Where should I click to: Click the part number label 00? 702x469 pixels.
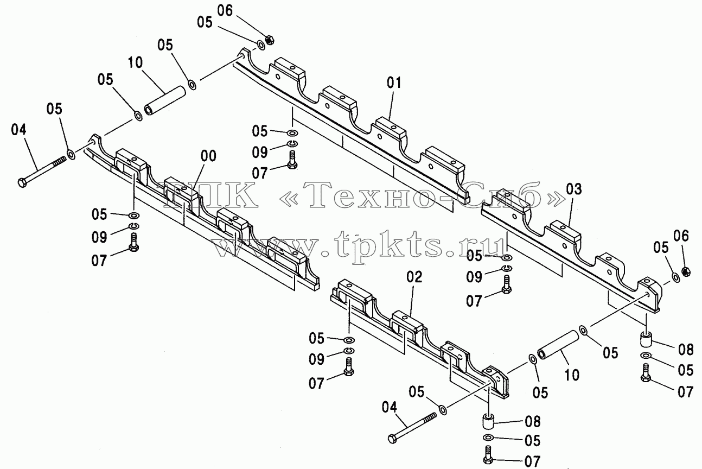click(x=208, y=156)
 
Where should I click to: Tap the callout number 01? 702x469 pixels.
click(x=394, y=83)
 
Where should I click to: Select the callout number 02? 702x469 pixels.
click(x=414, y=277)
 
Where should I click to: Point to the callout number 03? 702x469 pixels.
click(x=574, y=189)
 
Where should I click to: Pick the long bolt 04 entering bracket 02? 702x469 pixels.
click(x=412, y=428)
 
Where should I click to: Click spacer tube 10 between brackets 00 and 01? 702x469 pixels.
click(x=165, y=100)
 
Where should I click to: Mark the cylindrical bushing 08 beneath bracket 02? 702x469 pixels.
click(x=488, y=421)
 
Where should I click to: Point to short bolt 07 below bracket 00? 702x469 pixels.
click(x=134, y=242)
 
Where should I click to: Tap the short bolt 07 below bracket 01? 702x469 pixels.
click(x=292, y=160)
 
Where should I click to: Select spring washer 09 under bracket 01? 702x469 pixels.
click(x=292, y=144)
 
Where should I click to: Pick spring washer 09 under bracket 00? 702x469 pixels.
click(x=135, y=226)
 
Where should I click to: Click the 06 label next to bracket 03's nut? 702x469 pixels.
click(x=681, y=236)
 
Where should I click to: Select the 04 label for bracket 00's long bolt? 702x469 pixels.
click(x=19, y=130)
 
